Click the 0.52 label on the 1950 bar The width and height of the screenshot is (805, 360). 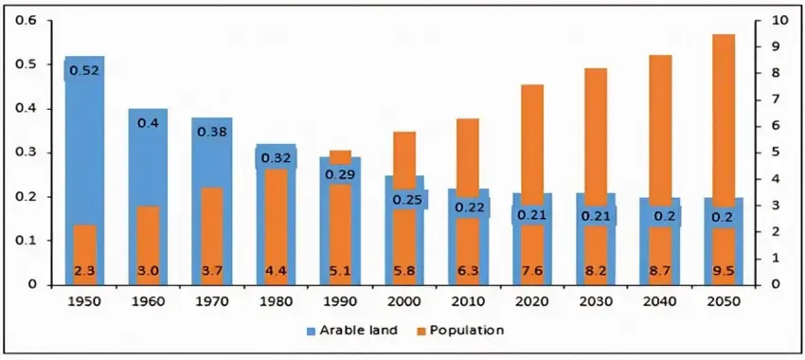pos(84,70)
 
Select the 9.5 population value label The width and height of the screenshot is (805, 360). pos(724,271)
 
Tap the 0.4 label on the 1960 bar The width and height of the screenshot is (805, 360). pos(148,123)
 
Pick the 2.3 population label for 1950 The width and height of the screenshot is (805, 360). pos(84,271)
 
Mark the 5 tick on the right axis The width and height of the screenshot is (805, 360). pos(776,153)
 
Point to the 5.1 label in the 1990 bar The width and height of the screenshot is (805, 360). pos(339,271)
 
